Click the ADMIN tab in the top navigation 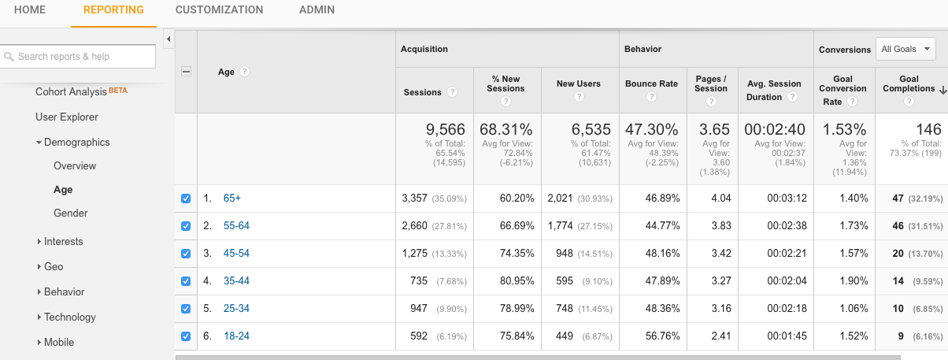(317, 10)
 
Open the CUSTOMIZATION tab (219, 10)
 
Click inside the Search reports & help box (79, 57)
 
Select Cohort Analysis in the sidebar (71, 91)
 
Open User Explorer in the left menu (67, 117)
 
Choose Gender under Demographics (70, 213)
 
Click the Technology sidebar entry (70, 317)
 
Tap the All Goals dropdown (905, 49)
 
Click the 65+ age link (232, 199)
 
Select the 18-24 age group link (236, 336)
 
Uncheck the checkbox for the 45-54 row (186, 254)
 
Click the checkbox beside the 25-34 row (186, 309)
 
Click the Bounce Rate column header (651, 84)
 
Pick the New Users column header (578, 84)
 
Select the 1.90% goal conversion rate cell (854, 281)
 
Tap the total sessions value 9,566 (445, 129)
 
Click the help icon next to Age (245, 72)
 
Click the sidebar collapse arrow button (168, 39)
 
